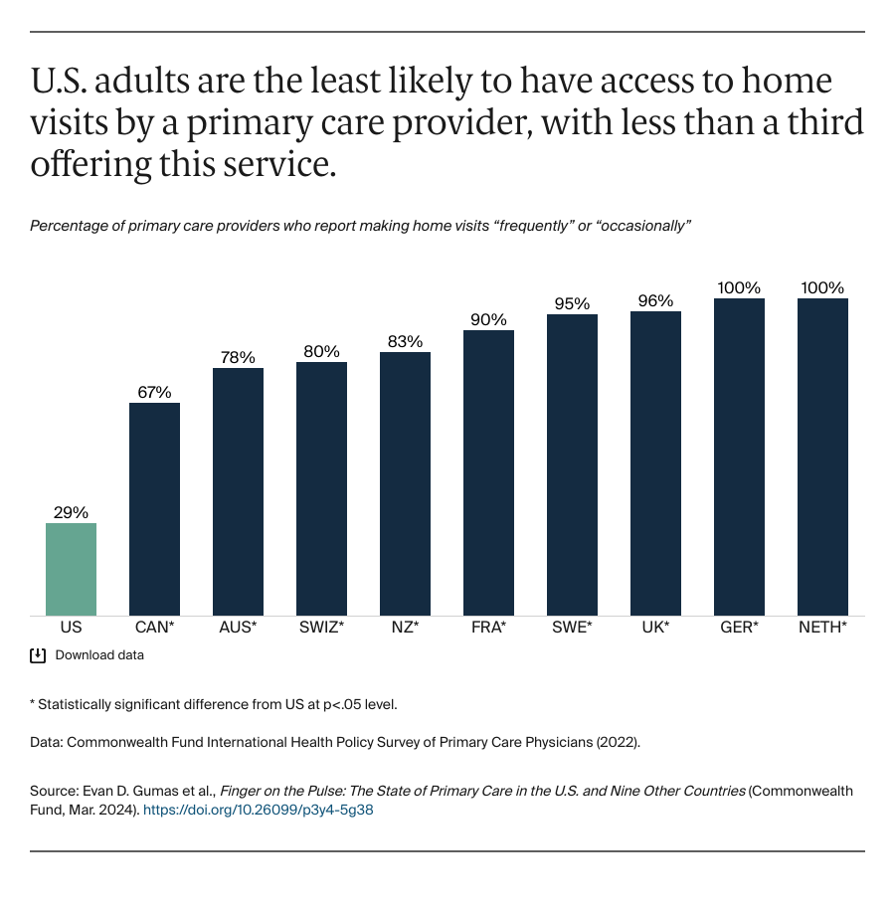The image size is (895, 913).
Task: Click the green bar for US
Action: click(x=71, y=569)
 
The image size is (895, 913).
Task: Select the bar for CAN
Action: click(x=154, y=508)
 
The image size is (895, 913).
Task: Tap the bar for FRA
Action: click(x=488, y=472)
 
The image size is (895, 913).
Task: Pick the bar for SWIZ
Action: click(x=321, y=488)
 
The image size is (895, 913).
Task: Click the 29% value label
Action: click(x=71, y=512)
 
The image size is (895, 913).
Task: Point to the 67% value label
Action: click(x=154, y=392)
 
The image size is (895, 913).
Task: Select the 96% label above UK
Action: click(x=655, y=300)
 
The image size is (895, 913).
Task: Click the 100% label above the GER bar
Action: click(x=739, y=287)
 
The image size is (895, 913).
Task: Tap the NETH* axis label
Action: click(x=822, y=629)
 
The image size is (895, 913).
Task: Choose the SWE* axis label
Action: click(x=572, y=629)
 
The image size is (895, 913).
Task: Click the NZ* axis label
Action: click(x=405, y=629)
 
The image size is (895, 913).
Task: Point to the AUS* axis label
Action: click(x=238, y=629)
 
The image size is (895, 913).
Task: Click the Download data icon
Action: click(x=38, y=655)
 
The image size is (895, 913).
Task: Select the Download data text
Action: click(x=99, y=655)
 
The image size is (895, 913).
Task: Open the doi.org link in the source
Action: click(x=259, y=811)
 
